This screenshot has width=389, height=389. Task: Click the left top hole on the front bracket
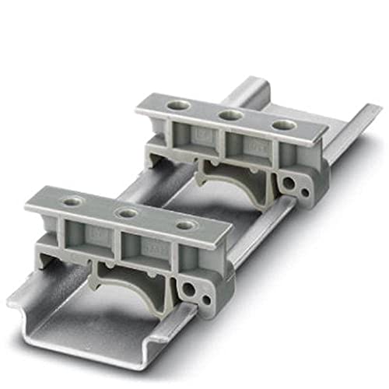click(72, 201)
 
